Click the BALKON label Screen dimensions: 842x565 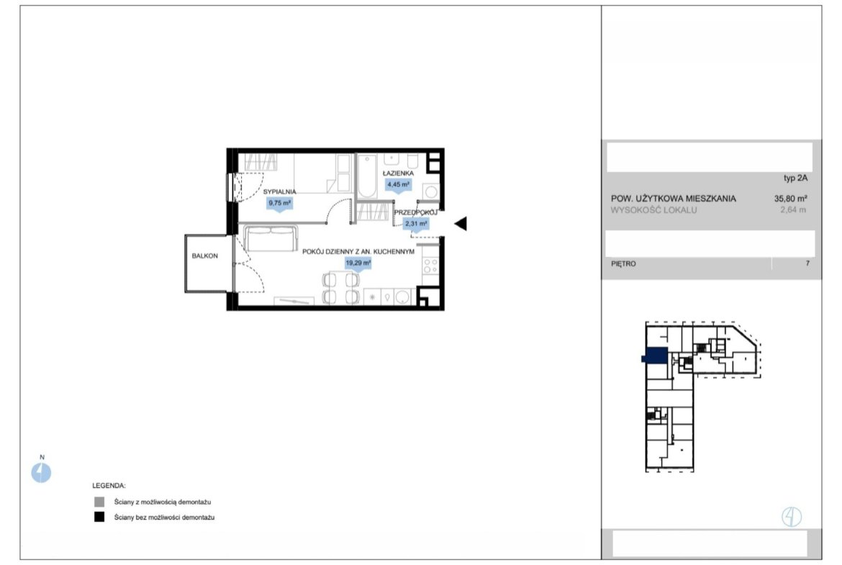point(204,256)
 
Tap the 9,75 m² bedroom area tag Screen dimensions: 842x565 point(280,204)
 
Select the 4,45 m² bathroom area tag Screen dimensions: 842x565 point(399,185)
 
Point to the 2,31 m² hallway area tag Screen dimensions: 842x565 point(416,224)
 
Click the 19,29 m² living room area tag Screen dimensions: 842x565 point(358,263)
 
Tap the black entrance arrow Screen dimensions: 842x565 point(461,223)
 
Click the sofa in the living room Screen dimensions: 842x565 point(271,238)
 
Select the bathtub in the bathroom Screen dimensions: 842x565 point(368,176)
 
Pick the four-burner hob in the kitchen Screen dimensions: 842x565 point(430,266)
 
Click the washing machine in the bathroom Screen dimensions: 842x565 point(430,191)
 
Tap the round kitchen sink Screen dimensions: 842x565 point(402,297)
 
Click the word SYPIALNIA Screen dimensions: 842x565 point(280,191)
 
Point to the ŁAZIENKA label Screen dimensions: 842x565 point(398,173)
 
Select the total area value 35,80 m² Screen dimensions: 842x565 point(790,198)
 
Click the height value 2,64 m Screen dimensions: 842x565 point(793,210)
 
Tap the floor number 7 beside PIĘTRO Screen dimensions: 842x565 point(807,263)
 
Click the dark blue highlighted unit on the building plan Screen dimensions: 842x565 point(656,356)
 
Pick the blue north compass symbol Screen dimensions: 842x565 point(41,473)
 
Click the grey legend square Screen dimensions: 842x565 point(99,502)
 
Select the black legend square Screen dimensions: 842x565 point(99,517)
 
